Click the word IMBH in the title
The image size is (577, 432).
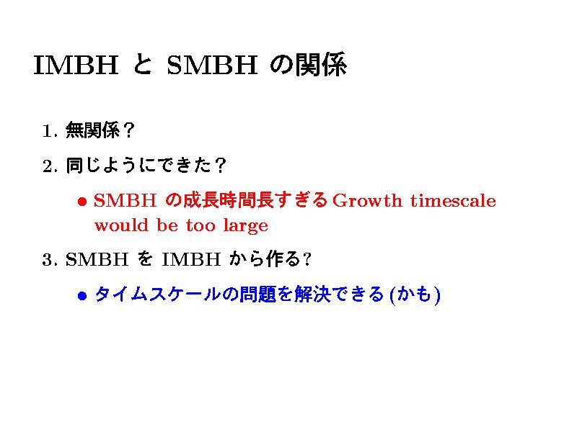(76, 65)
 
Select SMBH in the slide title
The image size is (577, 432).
(212, 65)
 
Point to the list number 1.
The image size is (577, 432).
(50, 131)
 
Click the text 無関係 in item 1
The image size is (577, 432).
(93, 130)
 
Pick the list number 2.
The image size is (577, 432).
(50, 166)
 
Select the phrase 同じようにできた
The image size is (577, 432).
(138, 166)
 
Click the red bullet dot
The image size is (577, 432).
(82, 202)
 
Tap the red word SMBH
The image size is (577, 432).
(125, 201)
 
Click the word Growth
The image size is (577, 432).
(367, 201)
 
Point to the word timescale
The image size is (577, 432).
(454, 201)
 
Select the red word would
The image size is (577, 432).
(121, 225)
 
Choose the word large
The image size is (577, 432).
(245, 226)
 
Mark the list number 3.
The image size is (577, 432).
(50, 260)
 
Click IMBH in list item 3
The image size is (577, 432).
(191, 259)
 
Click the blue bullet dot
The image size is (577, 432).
(82, 295)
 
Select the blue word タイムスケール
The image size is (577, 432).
(158, 294)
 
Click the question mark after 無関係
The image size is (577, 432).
(128, 130)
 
